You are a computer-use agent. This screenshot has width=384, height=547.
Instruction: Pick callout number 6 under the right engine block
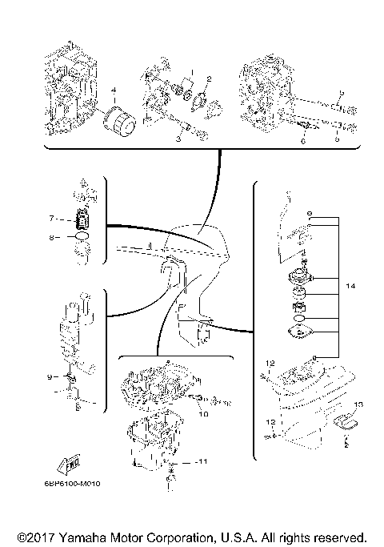click(303, 140)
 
